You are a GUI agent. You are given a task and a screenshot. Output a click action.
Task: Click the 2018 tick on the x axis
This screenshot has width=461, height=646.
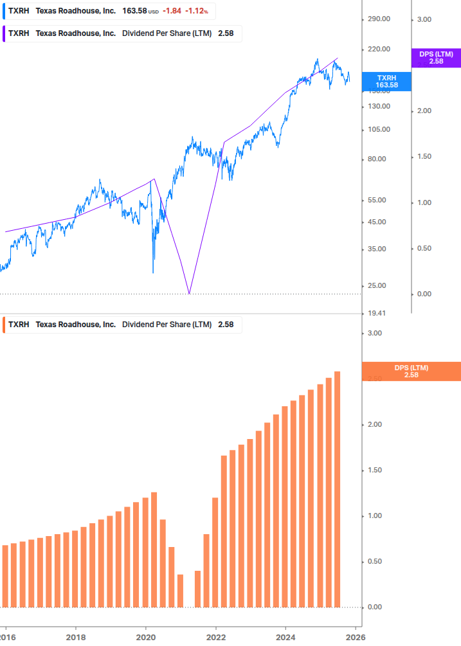point(76,636)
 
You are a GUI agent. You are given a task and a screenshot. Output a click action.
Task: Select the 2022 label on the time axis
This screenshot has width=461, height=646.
point(216,636)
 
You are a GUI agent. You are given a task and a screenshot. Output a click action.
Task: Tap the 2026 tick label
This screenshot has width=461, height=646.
point(355,636)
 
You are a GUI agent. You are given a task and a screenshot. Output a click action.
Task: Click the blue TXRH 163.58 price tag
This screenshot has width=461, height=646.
point(386,81)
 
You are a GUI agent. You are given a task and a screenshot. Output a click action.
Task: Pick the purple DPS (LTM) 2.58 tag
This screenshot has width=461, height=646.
point(436,58)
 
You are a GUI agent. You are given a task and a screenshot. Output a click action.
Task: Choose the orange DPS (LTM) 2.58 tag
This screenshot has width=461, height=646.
point(411,372)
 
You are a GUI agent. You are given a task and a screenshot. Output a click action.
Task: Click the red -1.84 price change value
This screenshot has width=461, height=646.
point(172,12)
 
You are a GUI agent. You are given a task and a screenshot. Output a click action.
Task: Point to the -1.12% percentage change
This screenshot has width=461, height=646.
point(197,12)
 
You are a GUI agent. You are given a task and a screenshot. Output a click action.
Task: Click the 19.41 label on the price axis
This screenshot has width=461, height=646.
point(377,314)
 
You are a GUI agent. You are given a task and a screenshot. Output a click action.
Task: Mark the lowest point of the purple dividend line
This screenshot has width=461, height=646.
point(189,294)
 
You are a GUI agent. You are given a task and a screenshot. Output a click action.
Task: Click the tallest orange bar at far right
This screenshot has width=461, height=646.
point(338,489)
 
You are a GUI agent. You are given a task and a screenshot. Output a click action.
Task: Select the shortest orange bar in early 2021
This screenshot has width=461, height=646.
point(180,590)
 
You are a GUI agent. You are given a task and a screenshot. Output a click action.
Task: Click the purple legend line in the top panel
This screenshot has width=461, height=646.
point(5,33)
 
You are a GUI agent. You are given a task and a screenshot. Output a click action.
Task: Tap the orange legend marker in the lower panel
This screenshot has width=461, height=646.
point(5,325)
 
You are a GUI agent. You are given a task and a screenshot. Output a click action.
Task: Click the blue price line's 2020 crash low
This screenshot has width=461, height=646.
point(153,273)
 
